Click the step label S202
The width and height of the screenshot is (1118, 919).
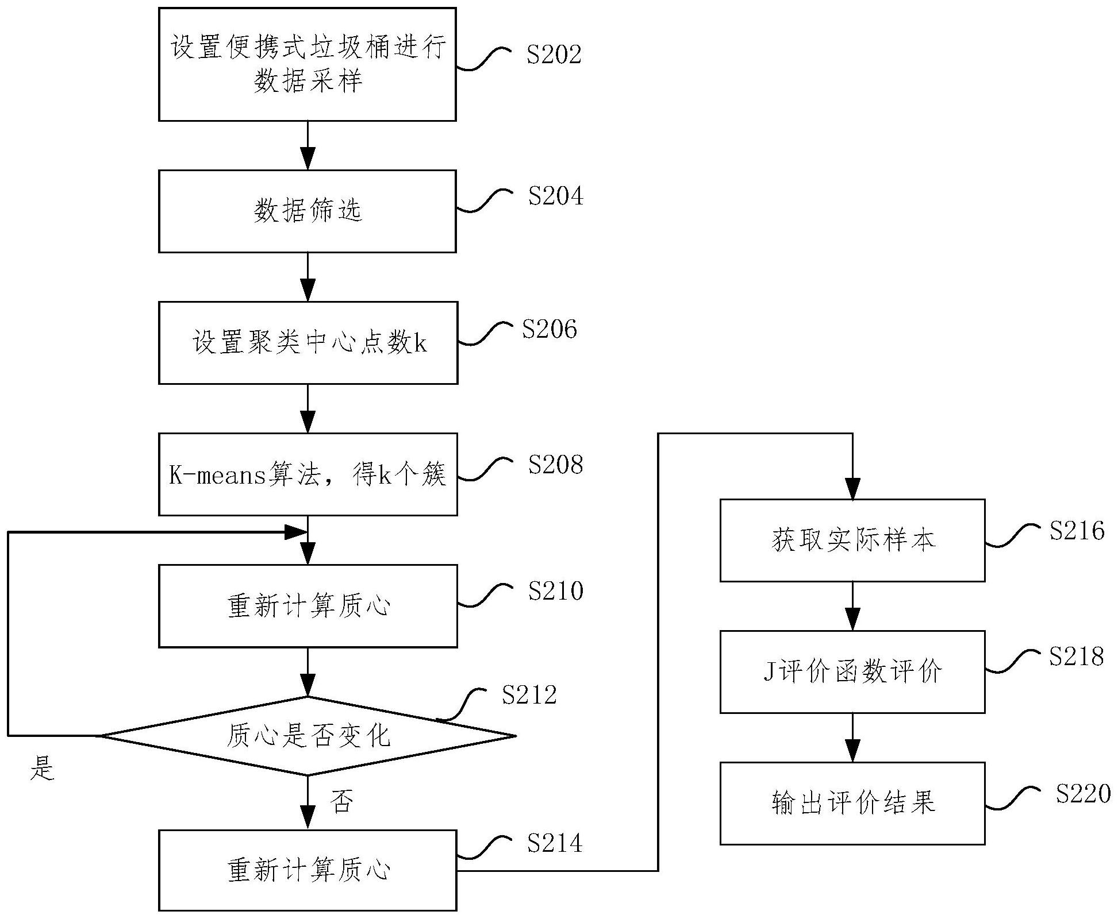tap(554, 55)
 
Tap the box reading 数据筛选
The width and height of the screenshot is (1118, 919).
tap(308, 211)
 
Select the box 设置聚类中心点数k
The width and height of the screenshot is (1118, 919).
tap(308, 343)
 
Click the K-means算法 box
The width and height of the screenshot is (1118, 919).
tap(308, 474)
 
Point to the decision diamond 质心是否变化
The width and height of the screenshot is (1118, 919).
tap(308, 735)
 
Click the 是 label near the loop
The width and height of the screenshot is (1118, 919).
tap(42, 767)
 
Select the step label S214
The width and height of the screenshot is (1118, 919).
tap(554, 843)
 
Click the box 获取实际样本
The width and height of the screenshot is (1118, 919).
tap(852, 540)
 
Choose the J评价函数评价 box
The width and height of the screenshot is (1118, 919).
tap(852, 671)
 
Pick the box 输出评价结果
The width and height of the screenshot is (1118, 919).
tap(852, 803)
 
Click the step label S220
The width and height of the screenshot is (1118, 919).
tap(1083, 794)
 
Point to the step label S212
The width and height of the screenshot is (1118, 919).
tap(529, 695)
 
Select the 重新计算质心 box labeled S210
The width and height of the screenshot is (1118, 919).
tap(308, 606)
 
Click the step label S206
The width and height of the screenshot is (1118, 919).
tap(549, 329)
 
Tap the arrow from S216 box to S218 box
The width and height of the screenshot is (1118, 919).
tap(852, 607)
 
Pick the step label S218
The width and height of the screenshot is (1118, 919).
tap(1076, 657)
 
